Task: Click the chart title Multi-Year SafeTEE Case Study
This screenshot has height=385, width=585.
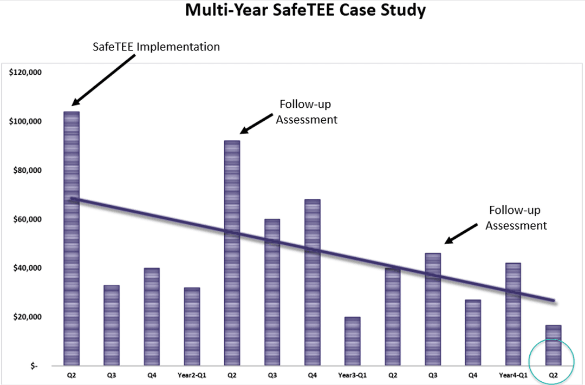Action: pos(305,10)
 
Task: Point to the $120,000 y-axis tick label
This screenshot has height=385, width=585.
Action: pos(26,73)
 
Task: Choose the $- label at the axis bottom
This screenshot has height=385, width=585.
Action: pos(34,366)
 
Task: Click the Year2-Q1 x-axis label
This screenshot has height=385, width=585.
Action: pos(192,375)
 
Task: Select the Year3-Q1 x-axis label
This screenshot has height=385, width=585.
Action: pos(352,375)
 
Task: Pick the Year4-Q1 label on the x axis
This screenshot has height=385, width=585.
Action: pos(513,375)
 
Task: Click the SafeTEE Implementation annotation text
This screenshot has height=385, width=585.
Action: pos(157,47)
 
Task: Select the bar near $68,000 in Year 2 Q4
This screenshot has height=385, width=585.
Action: pos(313,282)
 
